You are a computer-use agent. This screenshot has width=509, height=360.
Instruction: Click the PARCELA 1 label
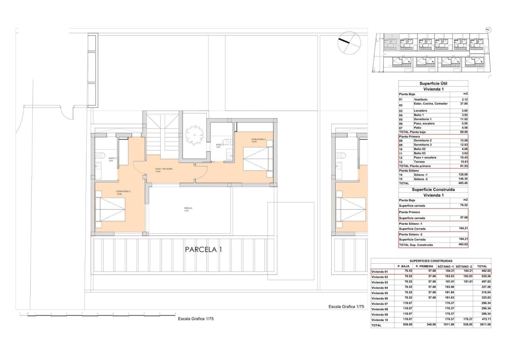(203, 250)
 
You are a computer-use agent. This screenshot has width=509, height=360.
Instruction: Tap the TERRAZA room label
(188, 209)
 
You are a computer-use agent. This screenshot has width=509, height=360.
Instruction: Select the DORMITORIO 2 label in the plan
(123, 193)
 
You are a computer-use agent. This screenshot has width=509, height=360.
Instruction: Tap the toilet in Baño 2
(100, 156)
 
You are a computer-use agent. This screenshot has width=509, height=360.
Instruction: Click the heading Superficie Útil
(433, 84)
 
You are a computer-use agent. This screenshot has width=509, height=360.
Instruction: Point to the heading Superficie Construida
(433, 190)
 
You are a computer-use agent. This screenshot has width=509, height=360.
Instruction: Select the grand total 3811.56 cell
(484, 325)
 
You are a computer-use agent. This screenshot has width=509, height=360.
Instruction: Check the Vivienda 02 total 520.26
(484, 276)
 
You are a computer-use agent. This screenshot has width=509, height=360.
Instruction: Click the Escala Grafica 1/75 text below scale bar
(196, 319)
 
